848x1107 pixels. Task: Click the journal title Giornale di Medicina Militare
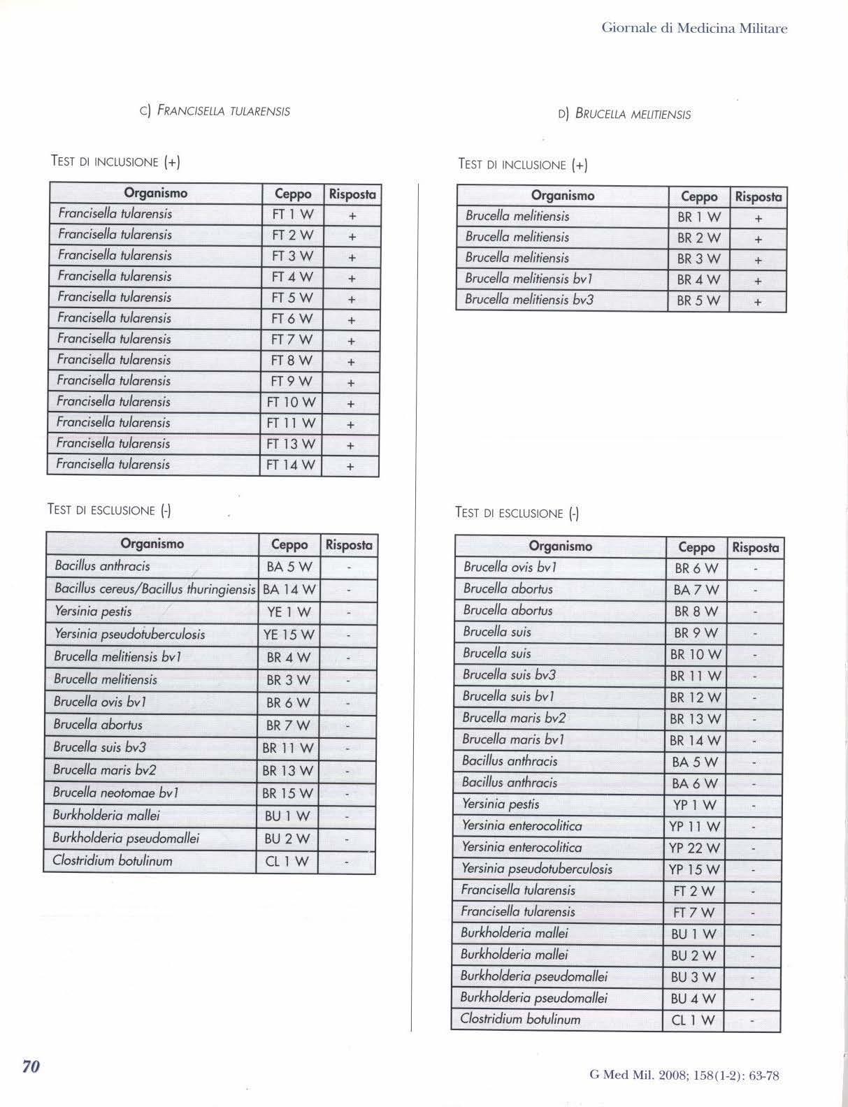click(x=694, y=29)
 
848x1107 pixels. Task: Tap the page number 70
click(x=31, y=1066)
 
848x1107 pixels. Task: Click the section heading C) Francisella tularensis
click(x=215, y=110)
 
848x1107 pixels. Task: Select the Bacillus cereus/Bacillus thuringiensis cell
click(x=154, y=589)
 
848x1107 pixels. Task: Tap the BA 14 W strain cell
click(x=289, y=590)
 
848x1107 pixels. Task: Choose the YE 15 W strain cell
click(x=289, y=635)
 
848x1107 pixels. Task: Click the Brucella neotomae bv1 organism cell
click(x=116, y=793)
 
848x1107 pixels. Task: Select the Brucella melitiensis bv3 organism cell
click(x=529, y=300)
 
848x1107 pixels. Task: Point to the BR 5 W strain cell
click(x=698, y=301)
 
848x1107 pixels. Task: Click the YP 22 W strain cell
click(x=694, y=848)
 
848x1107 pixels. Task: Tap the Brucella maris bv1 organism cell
click(x=513, y=739)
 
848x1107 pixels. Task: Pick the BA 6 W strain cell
click(x=694, y=784)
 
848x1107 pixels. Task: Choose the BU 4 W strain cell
click(x=693, y=999)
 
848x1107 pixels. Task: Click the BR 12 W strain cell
click(x=695, y=697)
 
